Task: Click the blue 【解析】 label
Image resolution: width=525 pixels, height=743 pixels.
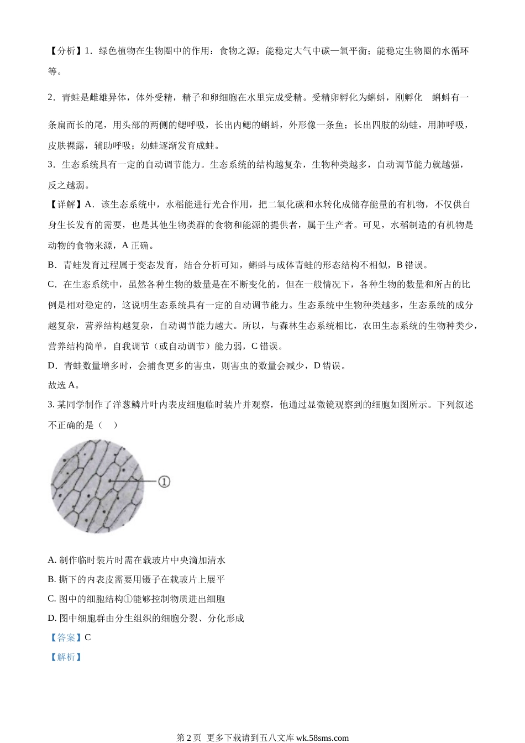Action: point(66,657)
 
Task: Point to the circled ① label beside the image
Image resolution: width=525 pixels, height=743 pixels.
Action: point(164,482)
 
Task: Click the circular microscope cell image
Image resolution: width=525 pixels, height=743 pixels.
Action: point(97,486)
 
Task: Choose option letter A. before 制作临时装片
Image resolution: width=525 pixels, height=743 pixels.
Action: point(53,560)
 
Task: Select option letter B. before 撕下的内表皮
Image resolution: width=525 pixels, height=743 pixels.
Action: point(53,579)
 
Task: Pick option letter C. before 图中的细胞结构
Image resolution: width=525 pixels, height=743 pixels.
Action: point(53,599)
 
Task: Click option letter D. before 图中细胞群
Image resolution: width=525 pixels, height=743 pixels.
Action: point(53,618)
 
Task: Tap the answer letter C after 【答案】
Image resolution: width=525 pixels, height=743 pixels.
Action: point(88,637)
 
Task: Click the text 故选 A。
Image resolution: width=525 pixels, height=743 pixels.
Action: point(65,385)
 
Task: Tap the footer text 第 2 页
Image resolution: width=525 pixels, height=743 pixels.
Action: point(190,737)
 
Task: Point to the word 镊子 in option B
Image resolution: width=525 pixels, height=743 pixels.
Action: point(152,579)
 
